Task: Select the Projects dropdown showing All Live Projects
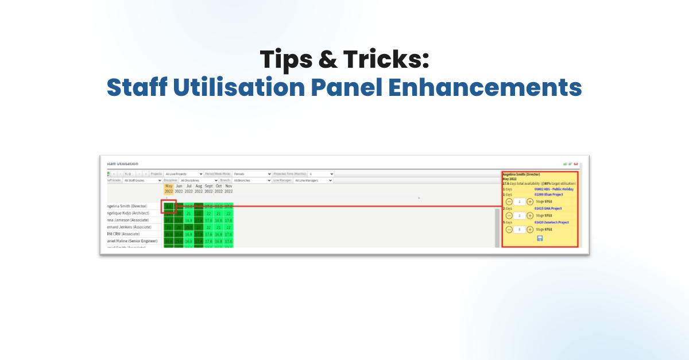tap(184, 173)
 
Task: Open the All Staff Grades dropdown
tap(142, 180)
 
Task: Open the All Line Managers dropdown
tap(313, 180)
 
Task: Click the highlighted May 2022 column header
tap(169, 188)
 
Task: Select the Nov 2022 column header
tap(229, 188)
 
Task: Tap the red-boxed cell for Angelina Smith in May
tap(169, 206)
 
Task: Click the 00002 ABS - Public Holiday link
tap(553, 189)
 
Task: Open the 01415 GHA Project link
tap(548, 208)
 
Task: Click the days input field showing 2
tap(518, 215)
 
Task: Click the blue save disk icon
tap(540, 238)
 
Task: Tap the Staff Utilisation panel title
tap(123, 164)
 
